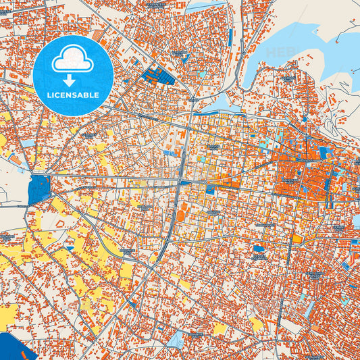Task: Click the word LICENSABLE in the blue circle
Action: point(72,95)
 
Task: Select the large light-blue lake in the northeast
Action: point(297,47)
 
